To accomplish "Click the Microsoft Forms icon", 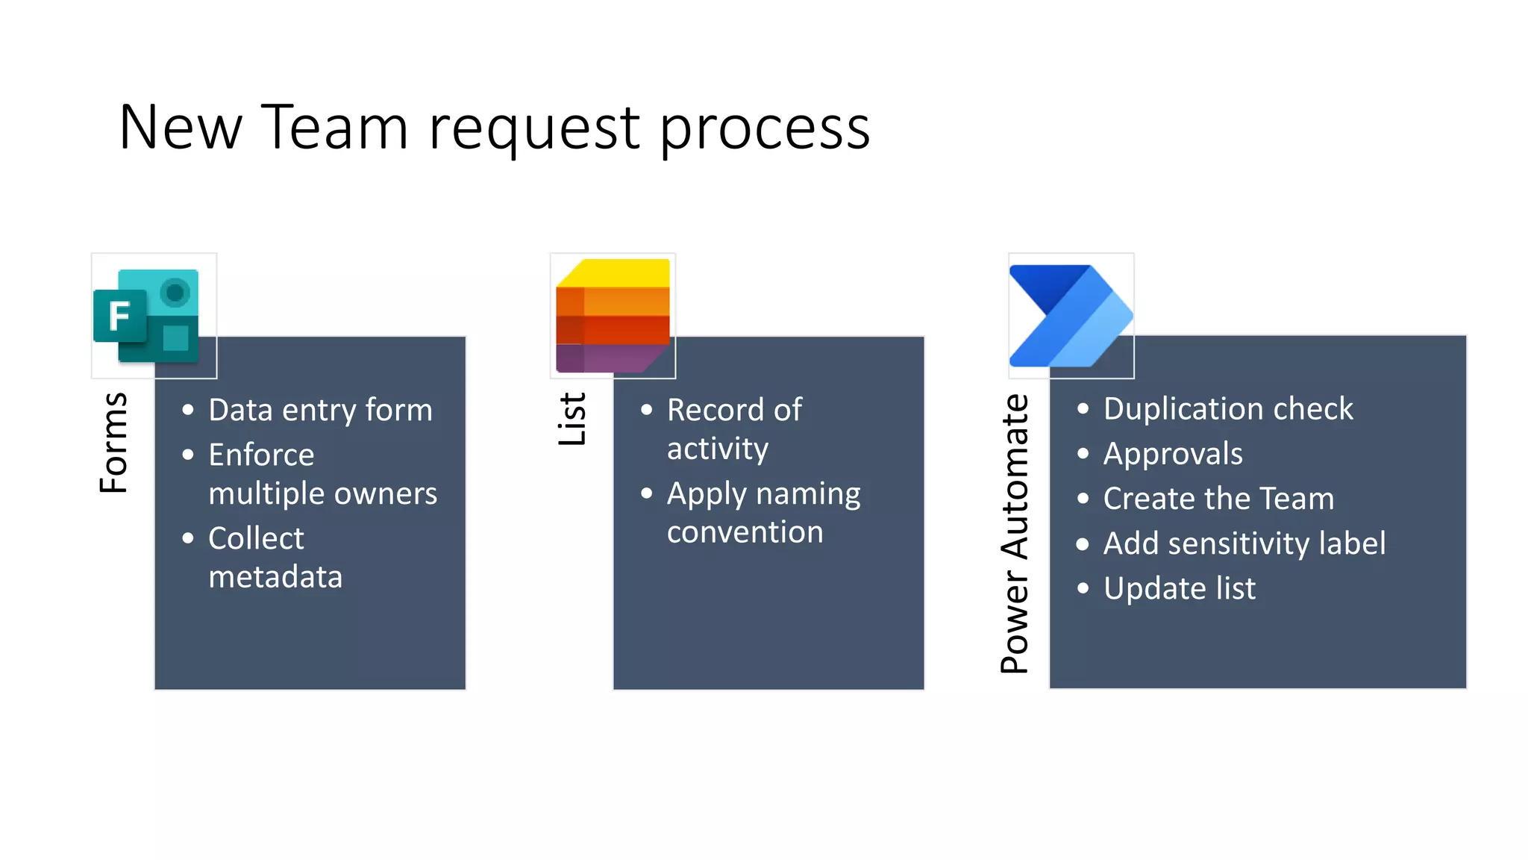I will click(x=148, y=317).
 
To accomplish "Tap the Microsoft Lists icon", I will click(x=613, y=316).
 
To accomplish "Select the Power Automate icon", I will click(x=1071, y=316).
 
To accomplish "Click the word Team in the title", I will click(x=334, y=128).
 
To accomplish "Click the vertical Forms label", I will click(x=114, y=443).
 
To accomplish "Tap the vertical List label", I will click(x=572, y=420).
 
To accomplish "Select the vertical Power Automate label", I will click(x=1015, y=534).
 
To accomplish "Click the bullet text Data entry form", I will click(x=320, y=410).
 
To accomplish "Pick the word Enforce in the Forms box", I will click(x=261, y=455).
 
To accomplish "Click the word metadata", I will click(x=275, y=577).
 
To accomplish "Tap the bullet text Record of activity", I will click(x=733, y=429).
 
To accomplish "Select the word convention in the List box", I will click(x=745, y=532).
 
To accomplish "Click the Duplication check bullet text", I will click(x=1227, y=408).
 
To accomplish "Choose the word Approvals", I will click(x=1173, y=454).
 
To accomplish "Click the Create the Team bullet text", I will click(x=1218, y=499).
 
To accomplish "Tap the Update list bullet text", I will click(x=1179, y=588).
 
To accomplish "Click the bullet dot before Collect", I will click(x=188, y=538).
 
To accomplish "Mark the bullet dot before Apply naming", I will click(x=647, y=493).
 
